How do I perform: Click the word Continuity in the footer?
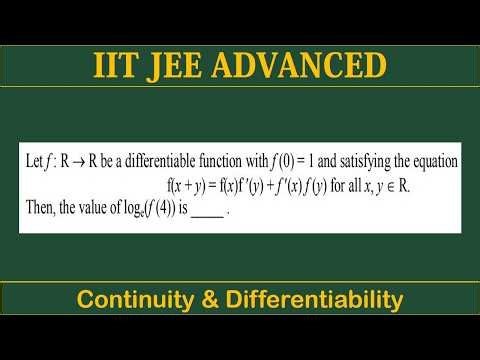coord(135,299)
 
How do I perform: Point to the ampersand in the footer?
coord(207,299)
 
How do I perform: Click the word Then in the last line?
coord(35,208)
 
